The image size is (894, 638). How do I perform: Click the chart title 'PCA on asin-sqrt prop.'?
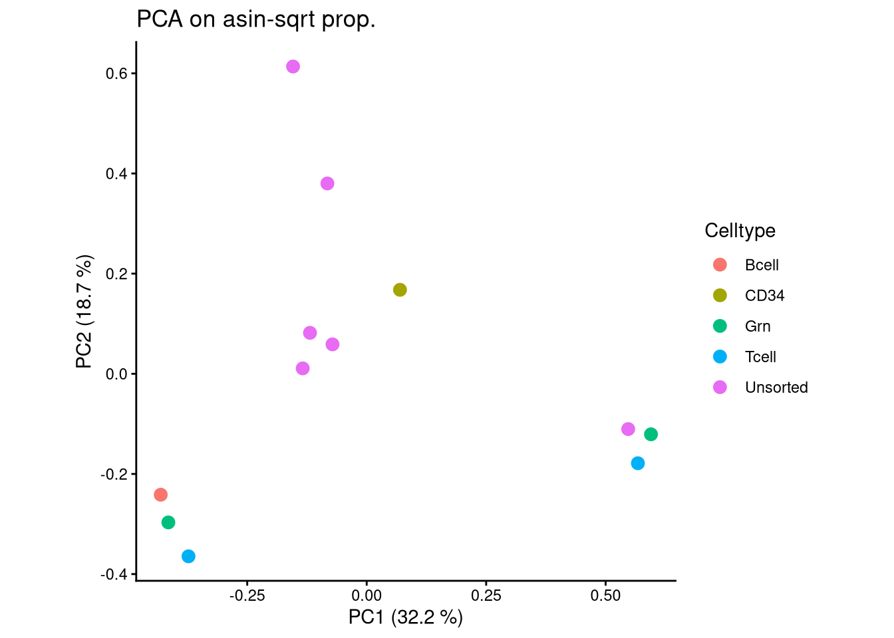(x=256, y=19)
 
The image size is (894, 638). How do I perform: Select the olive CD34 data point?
(x=400, y=290)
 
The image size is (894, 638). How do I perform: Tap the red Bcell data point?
(x=160, y=494)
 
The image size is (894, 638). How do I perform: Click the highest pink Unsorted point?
(x=293, y=66)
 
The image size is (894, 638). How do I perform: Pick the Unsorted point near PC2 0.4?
(x=327, y=183)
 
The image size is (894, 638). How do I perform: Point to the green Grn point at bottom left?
(x=168, y=522)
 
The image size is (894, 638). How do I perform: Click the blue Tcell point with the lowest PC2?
(x=188, y=556)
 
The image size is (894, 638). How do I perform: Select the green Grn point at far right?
(x=651, y=434)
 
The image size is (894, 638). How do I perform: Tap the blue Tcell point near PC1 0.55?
(x=638, y=463)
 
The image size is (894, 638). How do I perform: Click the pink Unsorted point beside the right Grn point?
(x=628, y=429)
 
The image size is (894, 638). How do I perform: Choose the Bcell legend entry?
(x=761, y=265)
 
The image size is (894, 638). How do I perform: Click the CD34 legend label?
(x=764, y=296)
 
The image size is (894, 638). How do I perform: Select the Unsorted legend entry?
(x=776, y=387)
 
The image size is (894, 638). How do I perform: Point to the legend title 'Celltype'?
(x=740, y=231)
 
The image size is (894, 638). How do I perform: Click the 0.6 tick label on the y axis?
(x=116, y=74)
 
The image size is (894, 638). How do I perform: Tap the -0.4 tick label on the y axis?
(x=114, y=574)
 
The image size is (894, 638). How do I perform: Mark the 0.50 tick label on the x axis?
(x=605, y=596)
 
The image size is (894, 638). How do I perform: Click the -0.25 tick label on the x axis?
(x=247, y=596)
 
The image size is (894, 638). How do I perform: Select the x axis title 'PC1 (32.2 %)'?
(x=405, y=617)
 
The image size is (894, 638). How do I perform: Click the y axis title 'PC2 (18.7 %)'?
(x=84, y=311)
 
